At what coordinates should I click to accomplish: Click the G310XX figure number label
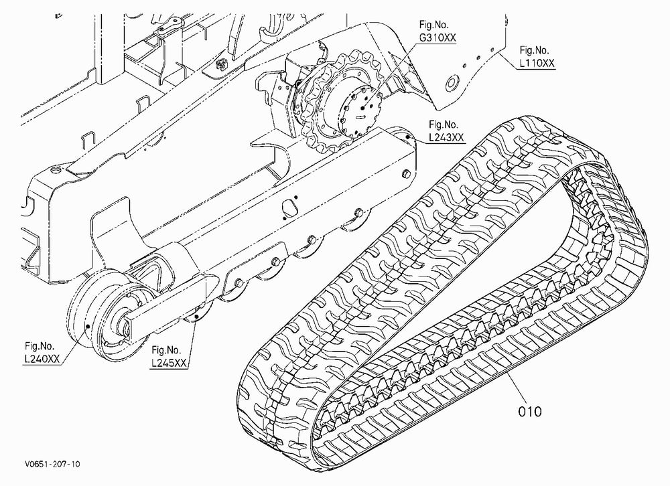pyautogui.click(x=437, y=38)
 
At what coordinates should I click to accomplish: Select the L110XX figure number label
pyautogui.click(x=537, y=63)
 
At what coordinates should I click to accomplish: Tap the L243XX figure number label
pyautogui.click(x=446, y=137)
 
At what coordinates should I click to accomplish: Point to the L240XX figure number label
pyautogui.click(x=42, y=359)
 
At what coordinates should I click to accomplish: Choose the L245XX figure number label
pyautogui.click(x=169, y=363)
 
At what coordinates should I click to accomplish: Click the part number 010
pyautogui.click(x=530, y=412)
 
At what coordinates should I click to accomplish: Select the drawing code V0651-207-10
pyautogui.click(x=52, y=464)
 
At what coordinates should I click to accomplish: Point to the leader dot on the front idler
pyautogui.click(x=87, y=327)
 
